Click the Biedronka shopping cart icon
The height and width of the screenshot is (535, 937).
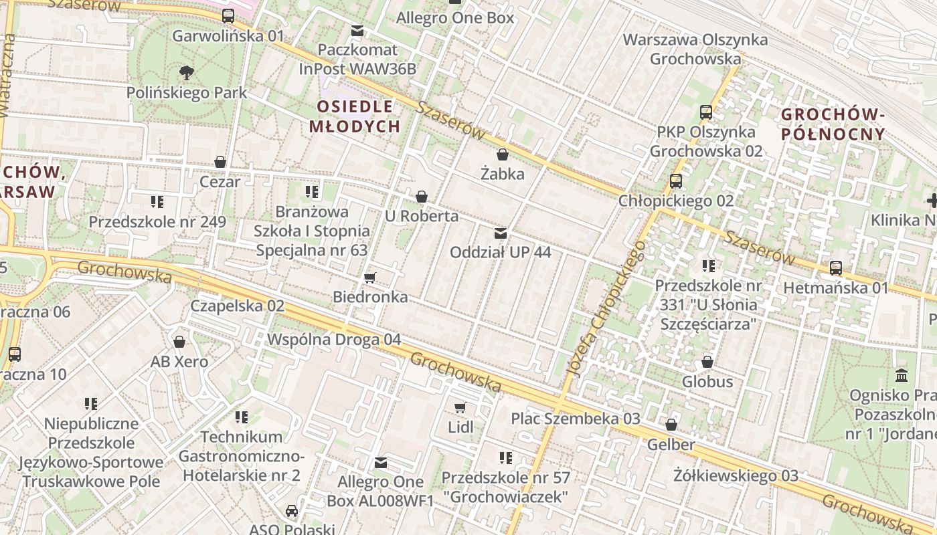tap(369, 278)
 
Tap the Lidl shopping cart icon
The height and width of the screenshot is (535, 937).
tap(460, 407)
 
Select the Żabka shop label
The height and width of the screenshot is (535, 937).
tap(502, 174)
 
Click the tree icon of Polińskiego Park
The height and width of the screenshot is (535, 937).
tap(187, 72)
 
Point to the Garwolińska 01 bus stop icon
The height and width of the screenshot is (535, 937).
tap(228, 16)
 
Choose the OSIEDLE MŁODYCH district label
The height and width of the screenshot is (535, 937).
tap(355, 116)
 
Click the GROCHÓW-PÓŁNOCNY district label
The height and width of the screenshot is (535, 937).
tap(833, 124)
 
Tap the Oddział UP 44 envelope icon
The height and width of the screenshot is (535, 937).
tap(500, 233)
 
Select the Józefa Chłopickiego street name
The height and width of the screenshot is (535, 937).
tap(606, 308)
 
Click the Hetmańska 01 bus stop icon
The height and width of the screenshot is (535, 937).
tap(836, 268)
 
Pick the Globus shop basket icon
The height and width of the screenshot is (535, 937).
tap(707, 362)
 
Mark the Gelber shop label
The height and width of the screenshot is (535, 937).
tap(671, 444)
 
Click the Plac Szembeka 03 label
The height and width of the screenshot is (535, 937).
tap(576, 419)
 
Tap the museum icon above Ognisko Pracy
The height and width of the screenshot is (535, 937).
tap(901, 375)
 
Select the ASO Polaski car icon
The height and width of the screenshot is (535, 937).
tap(292, 511)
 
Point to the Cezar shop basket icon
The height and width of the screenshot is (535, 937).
tap(220, 162)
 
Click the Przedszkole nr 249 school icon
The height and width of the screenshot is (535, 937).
tap(157, 201)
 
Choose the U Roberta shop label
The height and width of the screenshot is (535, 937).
tap(422, 216)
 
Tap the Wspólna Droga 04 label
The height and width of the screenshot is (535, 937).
tap(334, 339)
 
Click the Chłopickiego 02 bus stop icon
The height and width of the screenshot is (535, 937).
tap(676, 181)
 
